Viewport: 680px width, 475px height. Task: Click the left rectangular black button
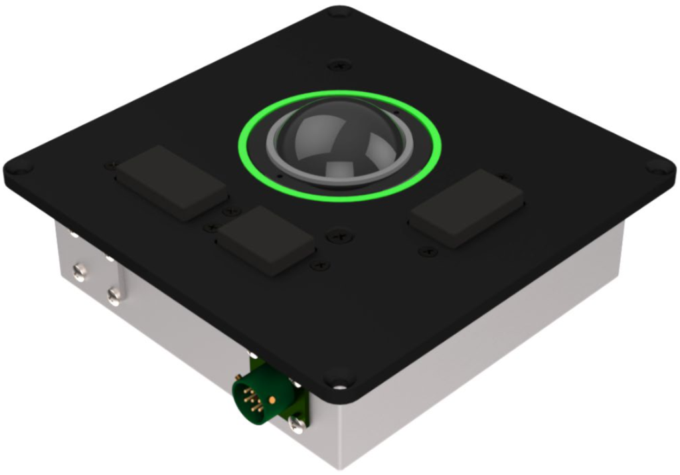tap(172, 183)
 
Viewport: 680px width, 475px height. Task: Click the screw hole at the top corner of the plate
tap(339, 12)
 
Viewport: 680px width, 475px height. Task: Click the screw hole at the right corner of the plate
tap(659, 169)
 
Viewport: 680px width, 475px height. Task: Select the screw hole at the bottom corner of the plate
tap(340, 384)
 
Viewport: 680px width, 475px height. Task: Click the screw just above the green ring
tap(339, 64)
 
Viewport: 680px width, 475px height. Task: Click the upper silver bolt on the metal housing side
tap(79, 270)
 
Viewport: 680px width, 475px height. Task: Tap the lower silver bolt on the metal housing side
tap(114, 293)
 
